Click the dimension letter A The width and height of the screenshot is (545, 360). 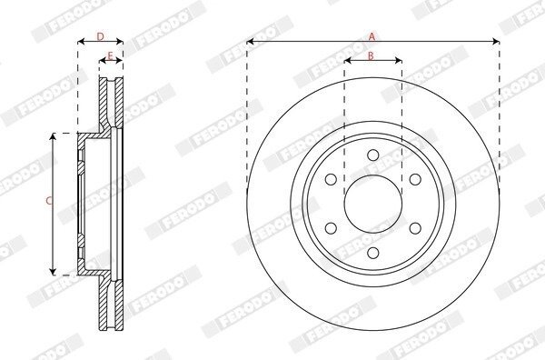pyautogui.click(x=372, y=36)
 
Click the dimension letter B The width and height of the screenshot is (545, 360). pyautogui.click(x=371, y=55)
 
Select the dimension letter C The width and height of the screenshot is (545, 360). pyautogui.click(x=49, y=201)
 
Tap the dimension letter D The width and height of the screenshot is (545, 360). pyautogui.click(x=100, y=36)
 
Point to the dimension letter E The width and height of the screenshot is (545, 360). pyautogui.click(x=110, y=55)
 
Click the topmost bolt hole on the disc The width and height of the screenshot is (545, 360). pyautogui.click(x=373, y=155)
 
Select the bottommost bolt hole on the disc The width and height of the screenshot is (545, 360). pyautogui.click(x=373, y=253)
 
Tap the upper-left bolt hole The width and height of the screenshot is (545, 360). pyautogui.click(x=331, y=179)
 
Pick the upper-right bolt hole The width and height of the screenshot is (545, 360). pyautogui.click(x=415, y=179)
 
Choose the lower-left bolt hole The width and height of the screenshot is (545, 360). pyautogui.click(x=331, y=228)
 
